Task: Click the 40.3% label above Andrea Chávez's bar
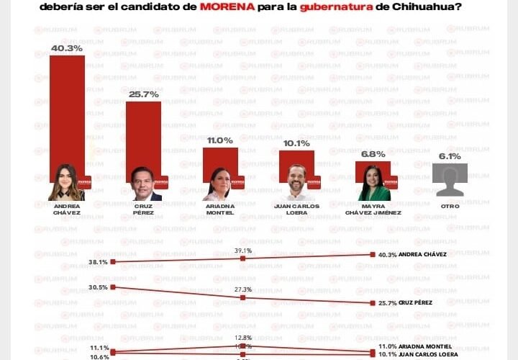coord(67,48)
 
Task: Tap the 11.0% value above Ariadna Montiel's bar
coord(219,140)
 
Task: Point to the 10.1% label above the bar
coord(296,143)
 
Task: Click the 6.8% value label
coord(373,154)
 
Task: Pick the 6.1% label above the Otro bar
coord(450,156)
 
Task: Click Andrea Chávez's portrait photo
coord(66,183)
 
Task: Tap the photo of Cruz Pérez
coord(143,184)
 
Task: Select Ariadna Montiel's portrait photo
coord(219,184)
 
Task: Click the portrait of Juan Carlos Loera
coord(296,183)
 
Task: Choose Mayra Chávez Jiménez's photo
coord(374,184)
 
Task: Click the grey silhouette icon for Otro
coord(450,180)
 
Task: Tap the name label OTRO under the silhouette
coord(450,205)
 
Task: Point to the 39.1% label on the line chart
coord(243,251)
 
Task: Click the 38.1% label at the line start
coord(98,262)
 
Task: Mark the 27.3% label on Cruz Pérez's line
coord(243,289)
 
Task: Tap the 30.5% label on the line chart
coord(98,287)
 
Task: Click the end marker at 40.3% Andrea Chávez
coord(372,255)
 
